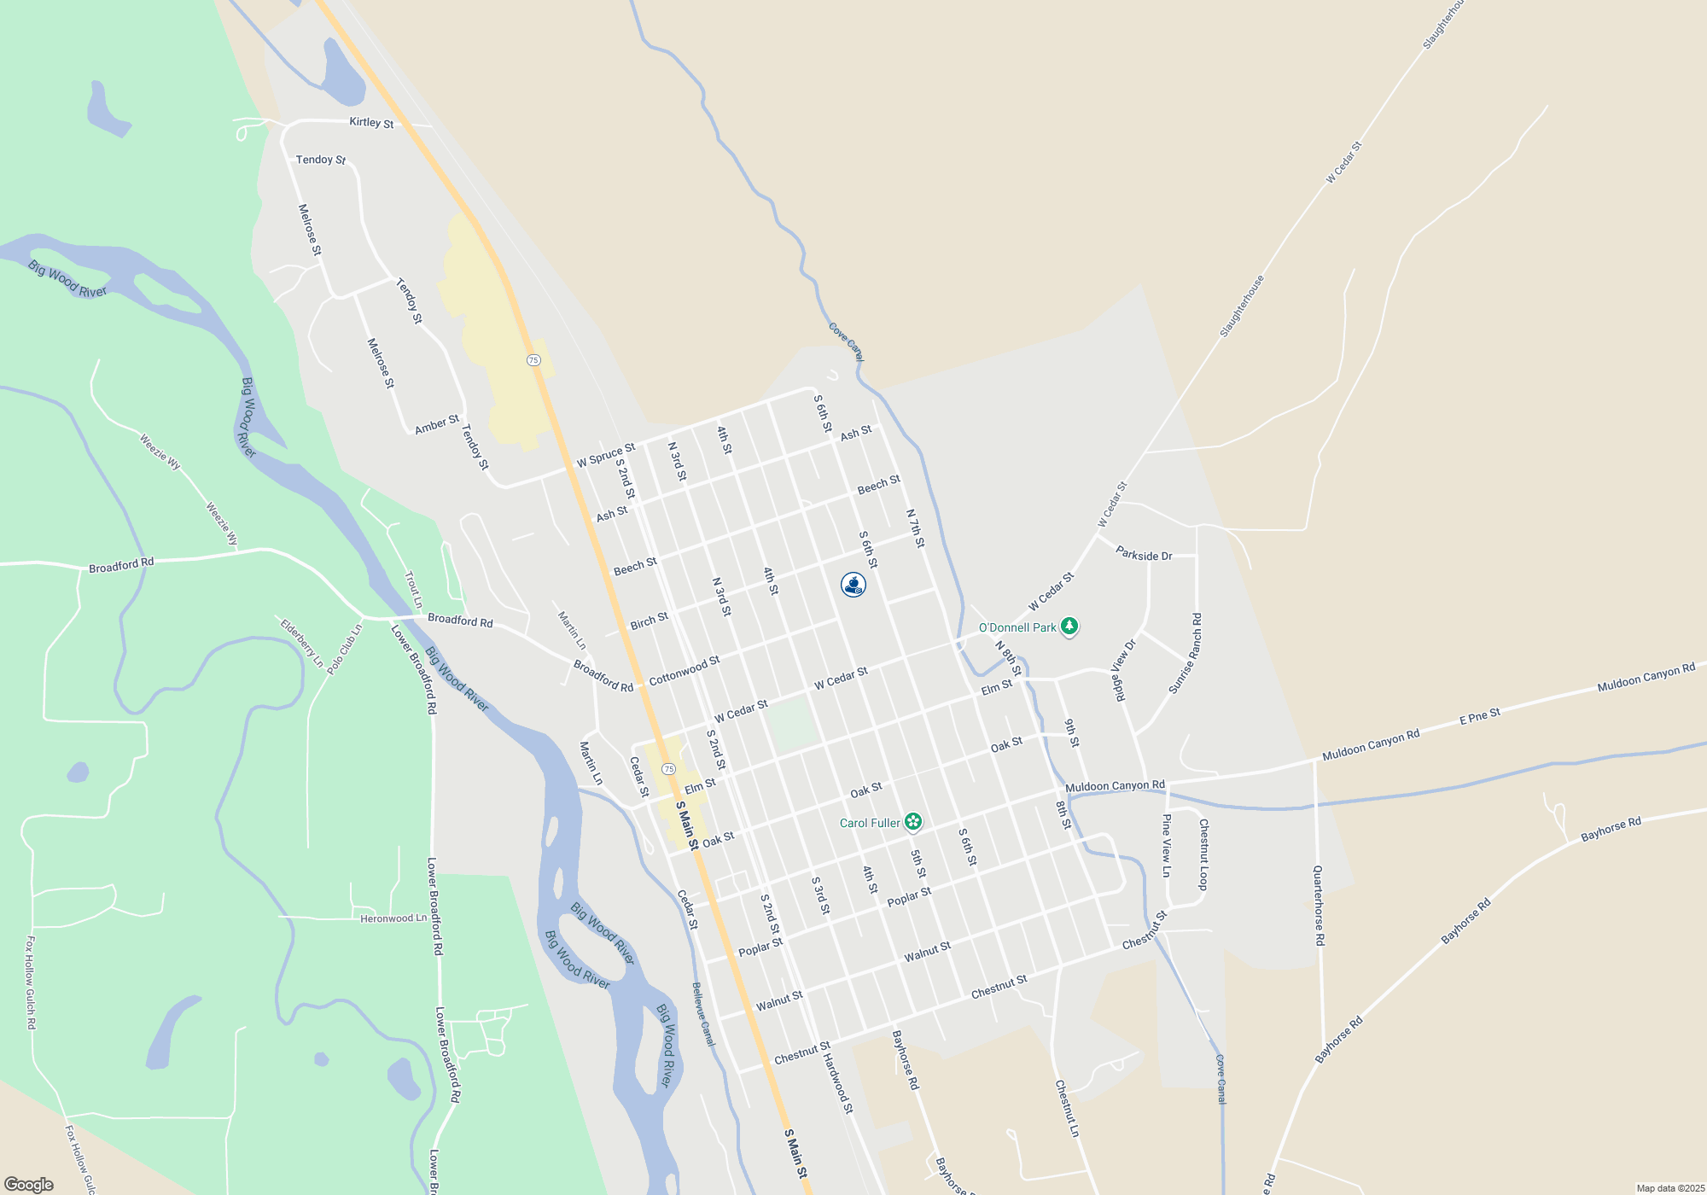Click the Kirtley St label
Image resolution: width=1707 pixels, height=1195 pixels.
(x=371, y=123)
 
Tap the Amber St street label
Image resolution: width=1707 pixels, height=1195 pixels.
(x=436, y=424)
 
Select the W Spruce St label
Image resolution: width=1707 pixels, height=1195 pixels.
(x=605, y=455)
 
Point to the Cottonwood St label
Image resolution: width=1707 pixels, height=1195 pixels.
(x=685, y=671)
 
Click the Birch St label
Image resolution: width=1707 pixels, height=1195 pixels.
(x=649, y=622)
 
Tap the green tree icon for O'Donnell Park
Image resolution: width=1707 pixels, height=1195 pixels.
(x=1069, y=627)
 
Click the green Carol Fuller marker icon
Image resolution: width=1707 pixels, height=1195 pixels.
(x=913, y=822)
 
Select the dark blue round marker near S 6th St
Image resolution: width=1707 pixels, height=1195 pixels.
(x=853, y=585)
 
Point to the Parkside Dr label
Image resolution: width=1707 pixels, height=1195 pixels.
(x=1144, y=555)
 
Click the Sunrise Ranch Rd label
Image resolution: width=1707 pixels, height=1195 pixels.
(x=1186, y=654)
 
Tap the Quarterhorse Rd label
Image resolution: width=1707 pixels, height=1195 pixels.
(x=1319, y=905)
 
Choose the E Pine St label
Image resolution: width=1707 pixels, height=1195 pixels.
(x=1479, y=717)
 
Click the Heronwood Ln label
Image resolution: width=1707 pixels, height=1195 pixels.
(x=393, y=918)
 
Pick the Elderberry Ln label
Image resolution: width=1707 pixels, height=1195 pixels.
(x=302, y=644)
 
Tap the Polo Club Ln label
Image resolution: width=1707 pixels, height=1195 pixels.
(x=345, y=650)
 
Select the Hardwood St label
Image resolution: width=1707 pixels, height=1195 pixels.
(x=838, y=1083)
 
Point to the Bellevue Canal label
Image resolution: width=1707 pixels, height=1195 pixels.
(x=703, y=1014)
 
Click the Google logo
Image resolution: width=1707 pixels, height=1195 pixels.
(x=29, y=1185)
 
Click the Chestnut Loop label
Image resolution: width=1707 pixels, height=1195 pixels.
(x=1203, y=854)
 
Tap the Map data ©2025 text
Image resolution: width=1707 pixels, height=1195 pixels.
(x=1669, y=1188)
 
